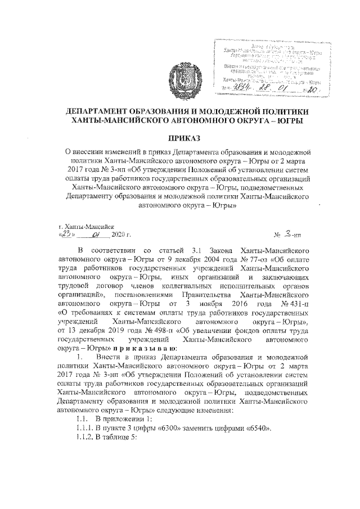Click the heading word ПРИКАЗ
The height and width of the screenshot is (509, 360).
click(x=180, y=138)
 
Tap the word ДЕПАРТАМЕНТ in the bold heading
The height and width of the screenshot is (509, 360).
click(x=107, y=112)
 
